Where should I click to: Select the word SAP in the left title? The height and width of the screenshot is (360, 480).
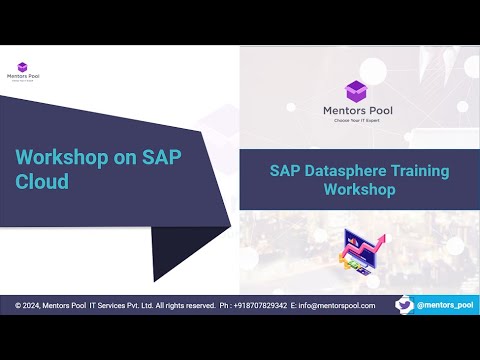pos(160,158)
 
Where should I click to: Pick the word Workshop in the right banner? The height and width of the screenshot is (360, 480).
pos(360,188)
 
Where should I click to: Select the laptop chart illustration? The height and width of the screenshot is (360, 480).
pos(358,252)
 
